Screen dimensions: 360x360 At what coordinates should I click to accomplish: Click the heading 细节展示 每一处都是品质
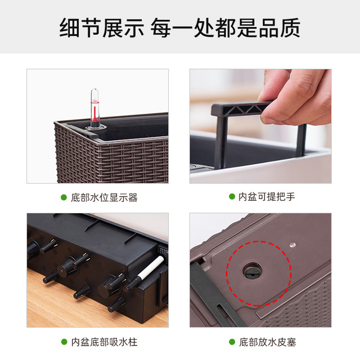click(x=180, y=28)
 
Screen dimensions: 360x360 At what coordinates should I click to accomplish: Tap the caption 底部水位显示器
click(x=104, y=197)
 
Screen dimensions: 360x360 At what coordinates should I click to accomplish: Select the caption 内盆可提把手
click(x=267, y=196)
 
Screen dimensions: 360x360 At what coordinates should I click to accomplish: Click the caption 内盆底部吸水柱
click(x=104, y=342)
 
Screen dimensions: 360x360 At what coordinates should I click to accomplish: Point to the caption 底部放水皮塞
click(x=268, y=342)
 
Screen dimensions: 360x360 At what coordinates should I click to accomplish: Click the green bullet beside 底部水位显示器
click(x=64, y=197)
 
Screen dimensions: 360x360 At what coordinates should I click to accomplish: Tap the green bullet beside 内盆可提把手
click(x=232, y=196)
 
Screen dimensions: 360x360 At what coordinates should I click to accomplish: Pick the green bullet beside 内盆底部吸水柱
click(x=64, y=342)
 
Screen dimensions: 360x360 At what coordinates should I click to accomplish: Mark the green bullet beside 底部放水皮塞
click(x=232, y=342)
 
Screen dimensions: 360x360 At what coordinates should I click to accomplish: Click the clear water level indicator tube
click(x=95, y=108)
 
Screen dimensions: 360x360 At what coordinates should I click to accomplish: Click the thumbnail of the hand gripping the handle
click(x=260, y=126)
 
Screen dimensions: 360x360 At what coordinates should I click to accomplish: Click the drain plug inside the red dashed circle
click(x=253, y=271)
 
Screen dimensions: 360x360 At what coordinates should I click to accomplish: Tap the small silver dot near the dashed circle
click(x=292, y=245)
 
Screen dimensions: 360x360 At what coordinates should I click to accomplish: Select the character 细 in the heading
click(x=70, y=28)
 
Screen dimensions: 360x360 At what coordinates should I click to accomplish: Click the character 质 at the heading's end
click(x=290, y=28)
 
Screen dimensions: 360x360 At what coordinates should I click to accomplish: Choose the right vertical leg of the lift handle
click(x=301, y=140)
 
